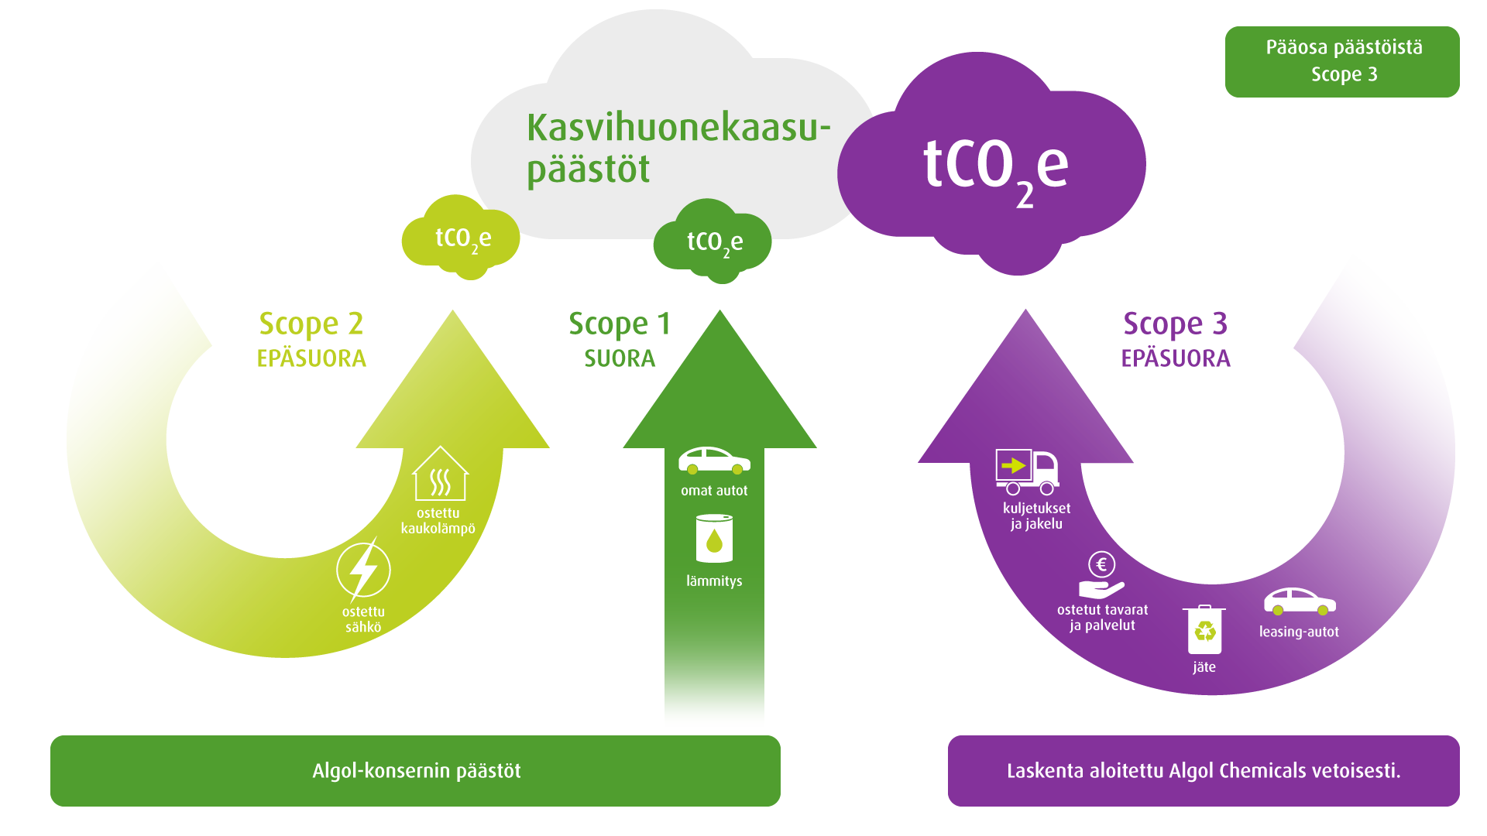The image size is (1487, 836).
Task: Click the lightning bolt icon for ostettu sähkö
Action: (363, 570)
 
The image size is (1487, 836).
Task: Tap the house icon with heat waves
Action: (440, 474)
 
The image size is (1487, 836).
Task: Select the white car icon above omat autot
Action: (714, 461)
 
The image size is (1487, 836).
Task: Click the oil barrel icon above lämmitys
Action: (714, 539)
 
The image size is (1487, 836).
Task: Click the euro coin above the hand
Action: (1101, 564)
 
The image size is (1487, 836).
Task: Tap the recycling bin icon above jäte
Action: (1204, 629)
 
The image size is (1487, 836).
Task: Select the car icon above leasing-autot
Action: (1300, 601)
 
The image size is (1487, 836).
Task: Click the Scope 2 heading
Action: (311, 324)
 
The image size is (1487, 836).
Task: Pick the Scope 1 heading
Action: (620, 324)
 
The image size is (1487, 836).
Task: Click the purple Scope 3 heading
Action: (1175, 324)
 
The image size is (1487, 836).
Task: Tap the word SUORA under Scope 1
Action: (620, 358)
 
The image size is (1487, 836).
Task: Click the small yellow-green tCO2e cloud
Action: (462, 238)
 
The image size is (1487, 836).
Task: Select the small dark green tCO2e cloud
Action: (714, 242)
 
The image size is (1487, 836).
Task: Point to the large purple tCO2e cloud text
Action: (995, 166)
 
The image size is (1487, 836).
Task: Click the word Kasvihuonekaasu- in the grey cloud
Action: (678, 128)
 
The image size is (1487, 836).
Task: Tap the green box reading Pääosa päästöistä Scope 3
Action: (1342, 61)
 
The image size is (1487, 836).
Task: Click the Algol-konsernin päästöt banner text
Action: (416, 771)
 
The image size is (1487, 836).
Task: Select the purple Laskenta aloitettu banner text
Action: (1203, 771)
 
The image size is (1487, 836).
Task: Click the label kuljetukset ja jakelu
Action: (1036, 516)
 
